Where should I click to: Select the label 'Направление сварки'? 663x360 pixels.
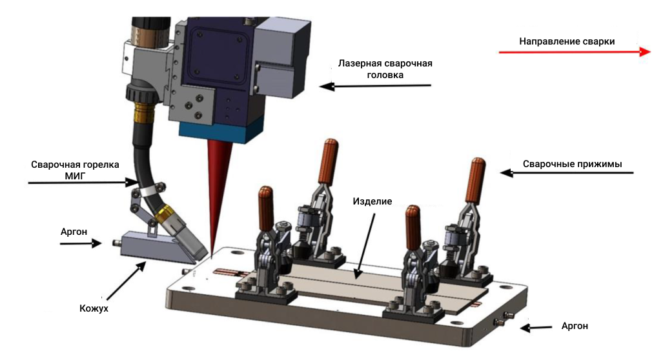(567, 41)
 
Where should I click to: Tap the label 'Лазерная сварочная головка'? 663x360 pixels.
(385, 69)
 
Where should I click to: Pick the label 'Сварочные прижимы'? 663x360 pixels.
(572, 164)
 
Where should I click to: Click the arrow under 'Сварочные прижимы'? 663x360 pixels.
(568, 173)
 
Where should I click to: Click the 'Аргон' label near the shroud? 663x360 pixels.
(73, 231)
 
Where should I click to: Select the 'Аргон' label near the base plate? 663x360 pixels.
(575, 326)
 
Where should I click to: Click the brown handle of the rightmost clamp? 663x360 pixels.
(477, 179)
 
